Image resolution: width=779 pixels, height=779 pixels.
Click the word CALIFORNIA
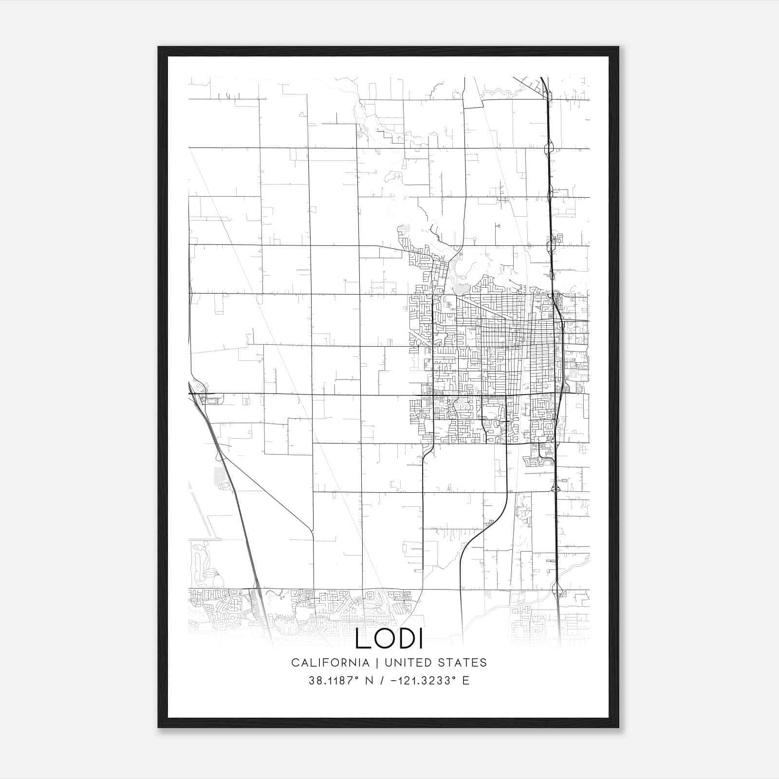(x=330, y=663)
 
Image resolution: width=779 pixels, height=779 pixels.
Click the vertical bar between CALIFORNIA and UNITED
(x=376, y=663)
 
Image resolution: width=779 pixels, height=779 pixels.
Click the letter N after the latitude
(x=369, y=681)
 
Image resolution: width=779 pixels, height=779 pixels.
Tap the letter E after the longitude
(x=466, y=681)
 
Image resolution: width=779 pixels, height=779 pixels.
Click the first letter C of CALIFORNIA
(x=295, y=663)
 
